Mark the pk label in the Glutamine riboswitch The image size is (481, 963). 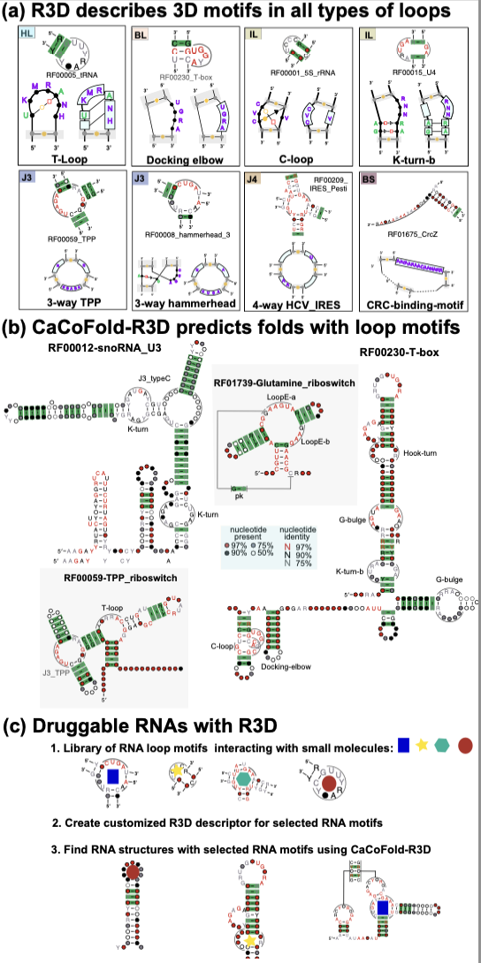[239, 497]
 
